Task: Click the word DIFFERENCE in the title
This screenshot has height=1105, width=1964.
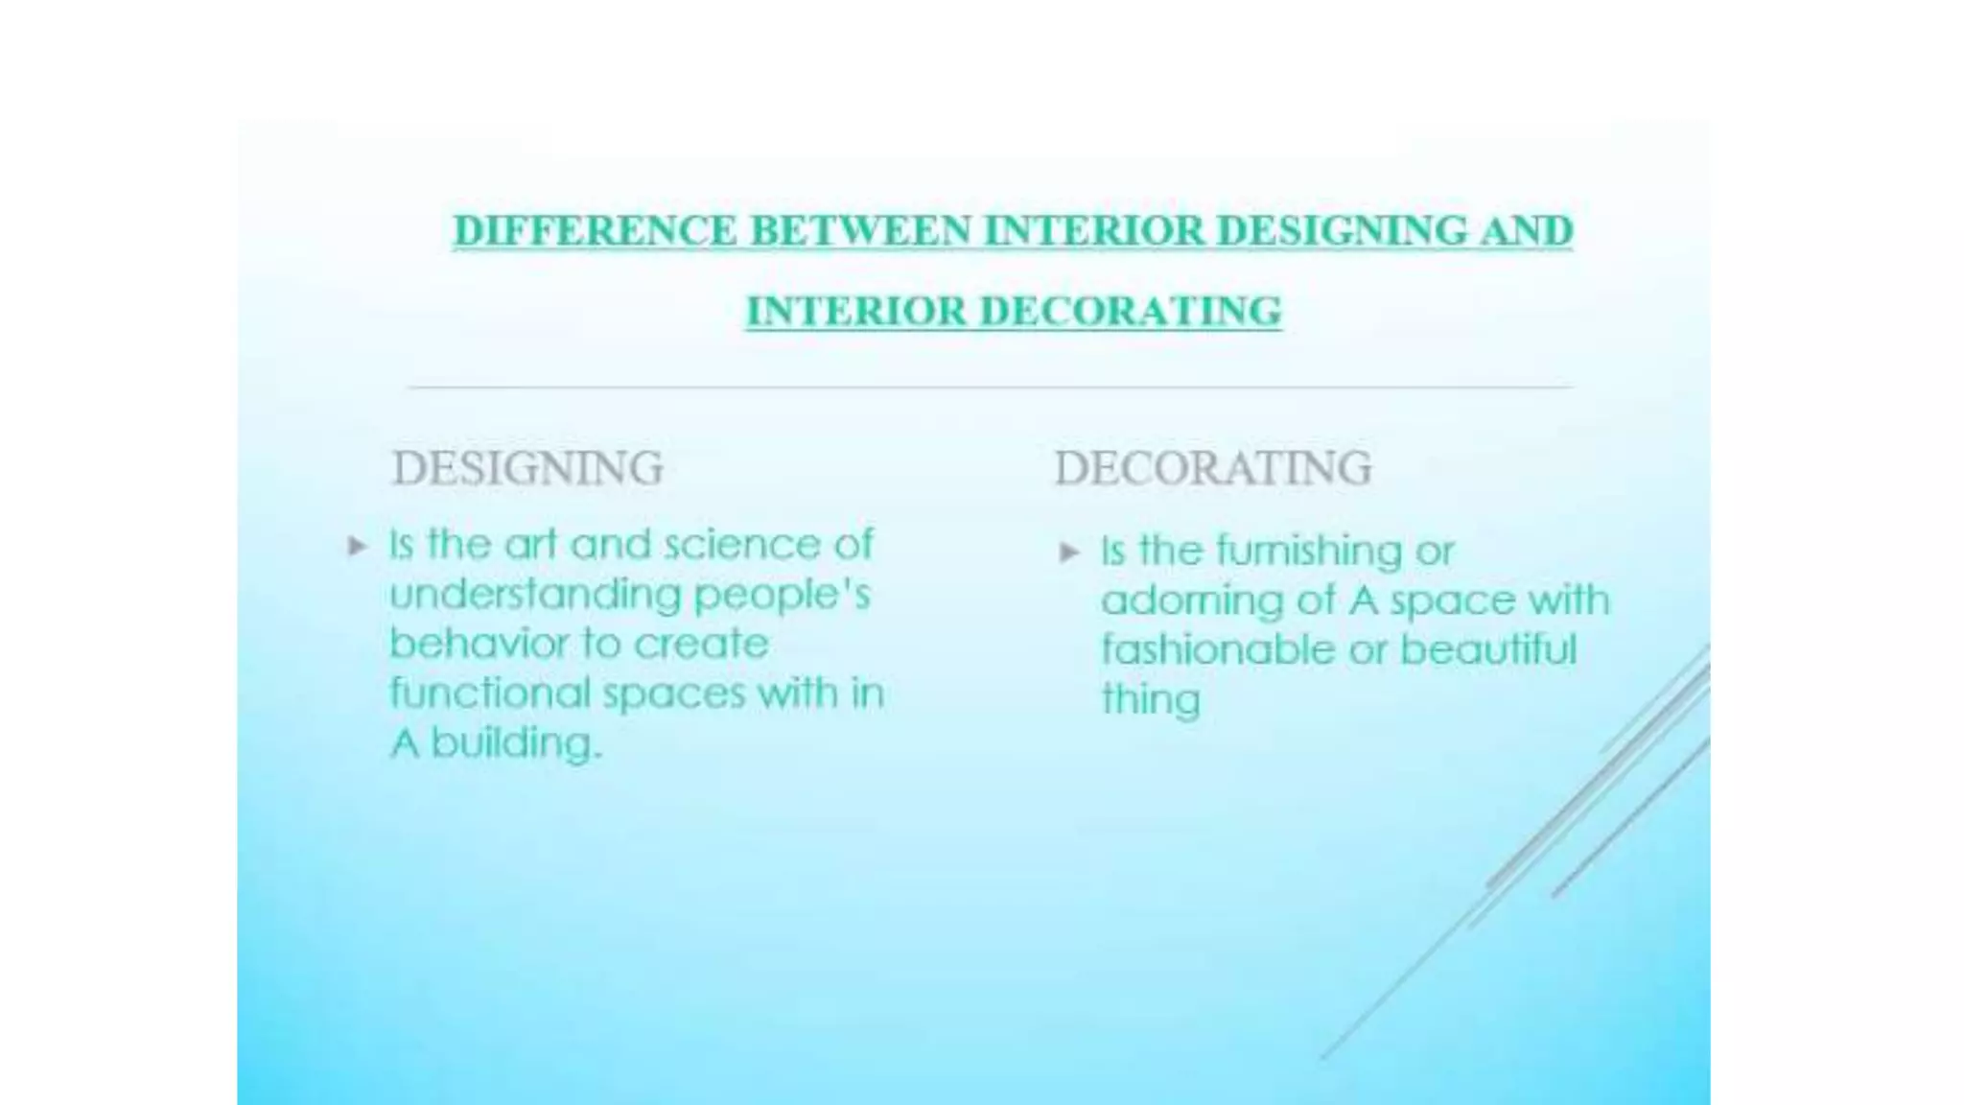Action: tap(595, 231)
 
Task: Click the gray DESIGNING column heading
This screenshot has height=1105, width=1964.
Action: tap(527, 469)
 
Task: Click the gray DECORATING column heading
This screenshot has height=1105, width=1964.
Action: tap(1213, 469)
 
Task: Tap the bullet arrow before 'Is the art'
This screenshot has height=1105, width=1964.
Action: tap(357, 547)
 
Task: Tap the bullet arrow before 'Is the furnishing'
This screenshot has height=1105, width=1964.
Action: tap(1069, 552)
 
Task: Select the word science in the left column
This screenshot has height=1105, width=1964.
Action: tap(742, 545)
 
